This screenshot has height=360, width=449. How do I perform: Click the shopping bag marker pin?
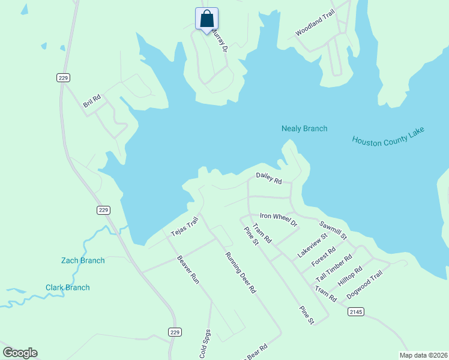(206, 19)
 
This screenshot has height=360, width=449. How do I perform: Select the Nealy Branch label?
(304, 128)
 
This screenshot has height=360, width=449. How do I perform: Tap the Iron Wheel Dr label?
(279, 219)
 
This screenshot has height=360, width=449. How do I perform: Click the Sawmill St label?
(333, 230)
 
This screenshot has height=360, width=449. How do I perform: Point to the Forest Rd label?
(324, 257)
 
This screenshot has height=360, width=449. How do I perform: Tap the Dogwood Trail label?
(364, 286)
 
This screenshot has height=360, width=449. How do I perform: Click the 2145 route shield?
(356, 311)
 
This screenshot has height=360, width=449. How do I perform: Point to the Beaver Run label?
(187, 269)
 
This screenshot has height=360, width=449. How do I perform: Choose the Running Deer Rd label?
(240, 272)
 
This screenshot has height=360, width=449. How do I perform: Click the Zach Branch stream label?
(83, 260)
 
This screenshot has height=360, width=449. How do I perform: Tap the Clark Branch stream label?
(68, 287)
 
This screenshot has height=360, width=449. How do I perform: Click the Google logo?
(20, 353)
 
